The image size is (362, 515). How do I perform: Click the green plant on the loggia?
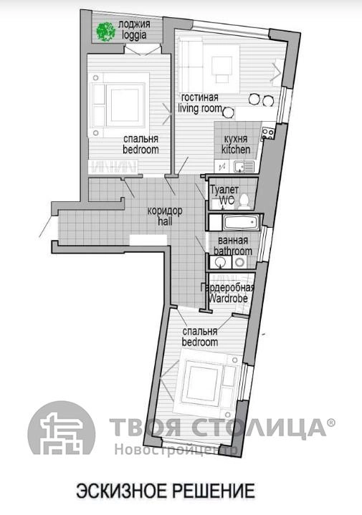click(105, 32)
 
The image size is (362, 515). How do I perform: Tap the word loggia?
click(134, 35)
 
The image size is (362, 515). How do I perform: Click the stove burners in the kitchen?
click(268, 133)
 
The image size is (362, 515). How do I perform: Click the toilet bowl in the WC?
click(244, 201)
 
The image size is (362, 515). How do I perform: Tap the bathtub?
click(242, 222)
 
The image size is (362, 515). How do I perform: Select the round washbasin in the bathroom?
click(219, 262)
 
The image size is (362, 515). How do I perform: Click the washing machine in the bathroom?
click(239, 261)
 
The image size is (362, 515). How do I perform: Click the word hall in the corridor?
click(164, 221)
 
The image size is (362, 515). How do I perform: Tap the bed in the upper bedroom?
click(118, 105)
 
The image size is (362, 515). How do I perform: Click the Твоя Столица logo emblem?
click(62, 428)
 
